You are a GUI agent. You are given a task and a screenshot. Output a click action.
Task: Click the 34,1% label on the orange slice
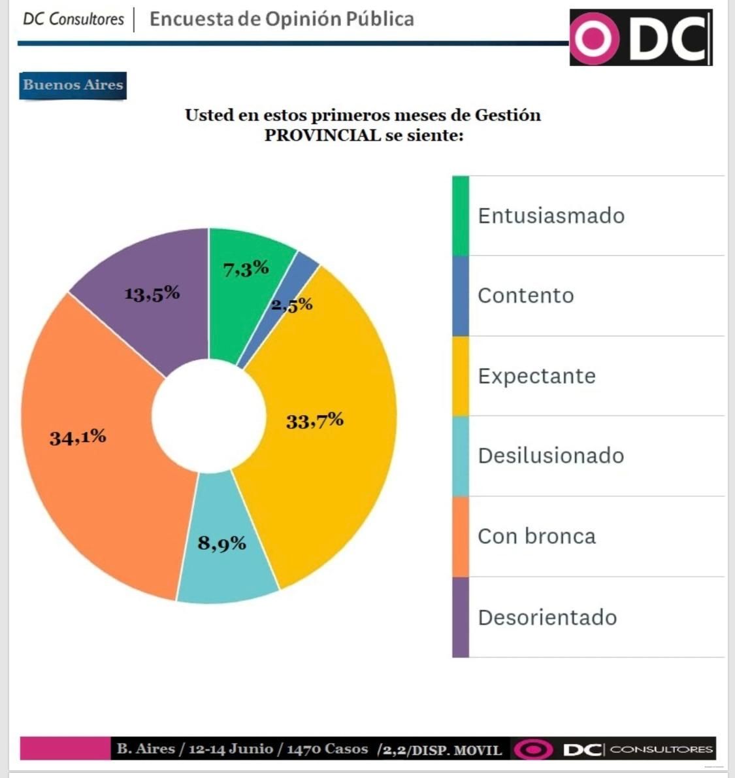pyautogui.click(x=78, y=437)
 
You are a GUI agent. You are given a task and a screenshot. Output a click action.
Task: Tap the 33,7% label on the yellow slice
pyautogui.click(x=315, y=421)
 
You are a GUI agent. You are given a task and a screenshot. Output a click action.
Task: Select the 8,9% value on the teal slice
pyautogui.click(x=222, y=543)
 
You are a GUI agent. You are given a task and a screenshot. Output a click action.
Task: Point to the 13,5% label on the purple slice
pyautogui.click(x=152, y=294)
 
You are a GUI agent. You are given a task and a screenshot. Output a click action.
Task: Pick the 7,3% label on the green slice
pyautogui.click(x=246, y=268)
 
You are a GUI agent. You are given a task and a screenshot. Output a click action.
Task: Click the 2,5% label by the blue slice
pyautogui.click(x=293, y=305)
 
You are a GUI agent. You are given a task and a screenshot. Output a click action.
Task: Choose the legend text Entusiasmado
pyautogui.click(x=551, y=216)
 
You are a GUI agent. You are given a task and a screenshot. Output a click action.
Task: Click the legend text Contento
pyautogui.click(x=525, y=296)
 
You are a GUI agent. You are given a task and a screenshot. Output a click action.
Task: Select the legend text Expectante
pyautogui.click(x=536, y=376)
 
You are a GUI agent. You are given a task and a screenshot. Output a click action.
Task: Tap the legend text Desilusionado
pyautogui.click(x=551, y=456)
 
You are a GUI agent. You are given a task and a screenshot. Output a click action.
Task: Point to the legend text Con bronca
pyautogui.click(x=536, y=536)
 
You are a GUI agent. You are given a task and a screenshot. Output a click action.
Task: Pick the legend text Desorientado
pyautogui.click(x=547, y=617)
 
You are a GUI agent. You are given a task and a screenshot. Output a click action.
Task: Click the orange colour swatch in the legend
pyautogui.click(x=461, y=537)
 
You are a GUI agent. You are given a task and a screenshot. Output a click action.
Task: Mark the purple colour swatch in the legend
pyautogui.click(x=461, y=617)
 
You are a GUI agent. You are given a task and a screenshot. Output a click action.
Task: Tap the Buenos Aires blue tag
pyautogui.click(x=73, y=85)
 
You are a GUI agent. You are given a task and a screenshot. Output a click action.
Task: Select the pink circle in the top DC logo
pyautogui.click(x=595, y=39)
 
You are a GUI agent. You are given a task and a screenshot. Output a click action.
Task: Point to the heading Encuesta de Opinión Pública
pyautogui.click(x=282, y=19)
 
